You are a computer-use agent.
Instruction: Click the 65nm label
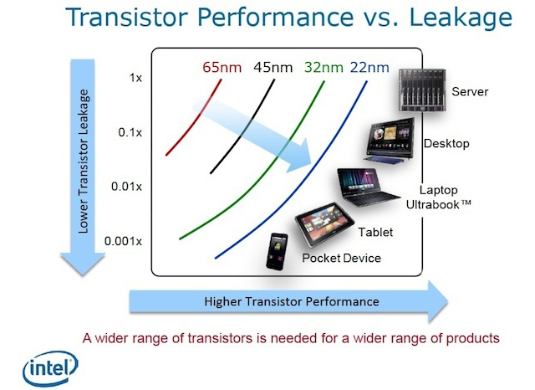click(222, 67)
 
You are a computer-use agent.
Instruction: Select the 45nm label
click(273, 67)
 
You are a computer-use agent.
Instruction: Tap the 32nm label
click(324, 67)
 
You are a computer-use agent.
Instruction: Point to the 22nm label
click(369, 67)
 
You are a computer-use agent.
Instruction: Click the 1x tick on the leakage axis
click(135, 78)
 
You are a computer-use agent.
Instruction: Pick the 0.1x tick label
click(130, 132)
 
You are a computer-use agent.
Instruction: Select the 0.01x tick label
click(126, 187)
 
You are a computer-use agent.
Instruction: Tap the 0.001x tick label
click(123, 241)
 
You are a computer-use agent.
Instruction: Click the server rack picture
click(422, 90)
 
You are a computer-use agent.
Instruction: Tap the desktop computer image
click(390, 141)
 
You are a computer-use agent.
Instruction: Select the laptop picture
click(367, 187)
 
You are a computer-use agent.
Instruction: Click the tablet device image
click(324, 223)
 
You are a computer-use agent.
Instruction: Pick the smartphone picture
click(277, 252)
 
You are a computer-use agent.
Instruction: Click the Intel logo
click(50, 369)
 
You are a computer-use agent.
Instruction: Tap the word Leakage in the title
click(461, 18)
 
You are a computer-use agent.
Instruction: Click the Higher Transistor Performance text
click(292, 301)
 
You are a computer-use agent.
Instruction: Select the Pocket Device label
click(342, 258)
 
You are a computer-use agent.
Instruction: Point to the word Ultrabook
click(433, 204)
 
